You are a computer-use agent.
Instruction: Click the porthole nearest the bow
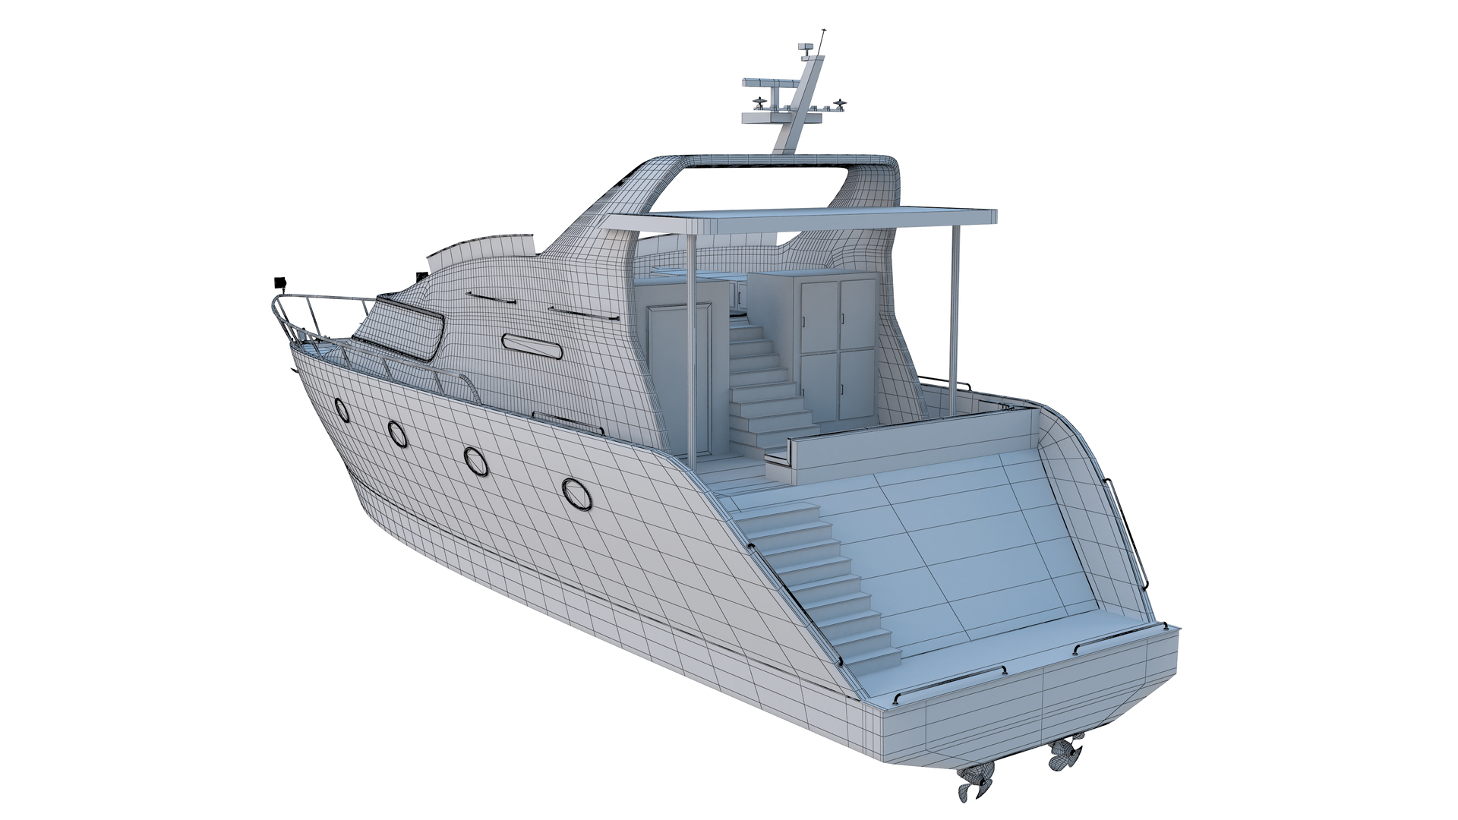[x=342, y=411]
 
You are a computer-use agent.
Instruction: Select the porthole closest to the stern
[x=576, y=494]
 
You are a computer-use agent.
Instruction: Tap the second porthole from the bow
[x=396, y=433]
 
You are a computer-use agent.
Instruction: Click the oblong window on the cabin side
[x=532, y=347]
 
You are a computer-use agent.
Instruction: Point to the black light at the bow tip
[x=279, y=282]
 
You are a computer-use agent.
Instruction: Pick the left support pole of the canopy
[x=690, y=349]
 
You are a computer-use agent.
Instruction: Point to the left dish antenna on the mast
[x=760, y=104]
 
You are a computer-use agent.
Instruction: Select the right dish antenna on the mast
[x=838, y=102]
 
